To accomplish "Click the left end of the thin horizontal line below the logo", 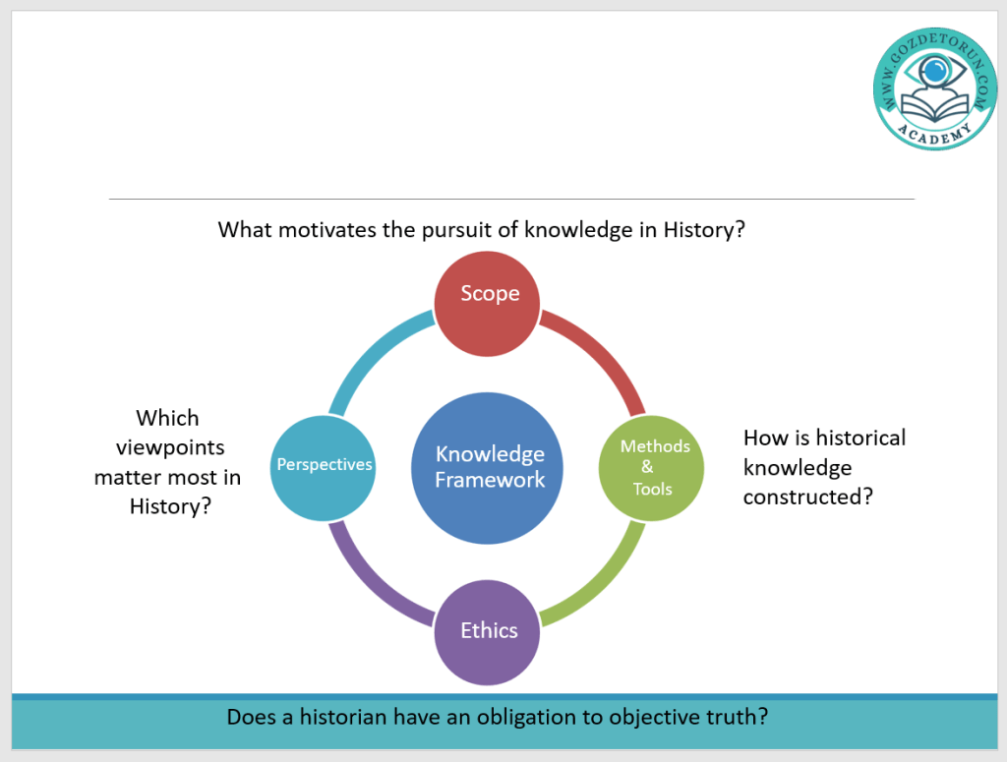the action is (109, 199).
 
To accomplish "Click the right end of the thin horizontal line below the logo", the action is (915, 199).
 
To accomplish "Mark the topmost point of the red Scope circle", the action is (487, 251).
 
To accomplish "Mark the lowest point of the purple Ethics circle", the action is (487, 685).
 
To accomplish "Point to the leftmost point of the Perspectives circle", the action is (269, 468).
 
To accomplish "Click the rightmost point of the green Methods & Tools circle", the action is (704, 468).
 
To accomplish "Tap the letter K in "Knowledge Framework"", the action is (442, 454).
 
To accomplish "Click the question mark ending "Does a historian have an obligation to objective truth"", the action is (763, 717).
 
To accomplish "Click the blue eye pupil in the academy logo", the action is (935, 71).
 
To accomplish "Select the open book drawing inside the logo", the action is (935, 108).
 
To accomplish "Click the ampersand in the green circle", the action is (647, 467).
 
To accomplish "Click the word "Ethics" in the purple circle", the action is (489, 630).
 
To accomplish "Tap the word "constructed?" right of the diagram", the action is (808, 497).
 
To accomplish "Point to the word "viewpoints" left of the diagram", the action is (170, 447).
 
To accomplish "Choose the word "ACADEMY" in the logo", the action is (935, 134).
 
